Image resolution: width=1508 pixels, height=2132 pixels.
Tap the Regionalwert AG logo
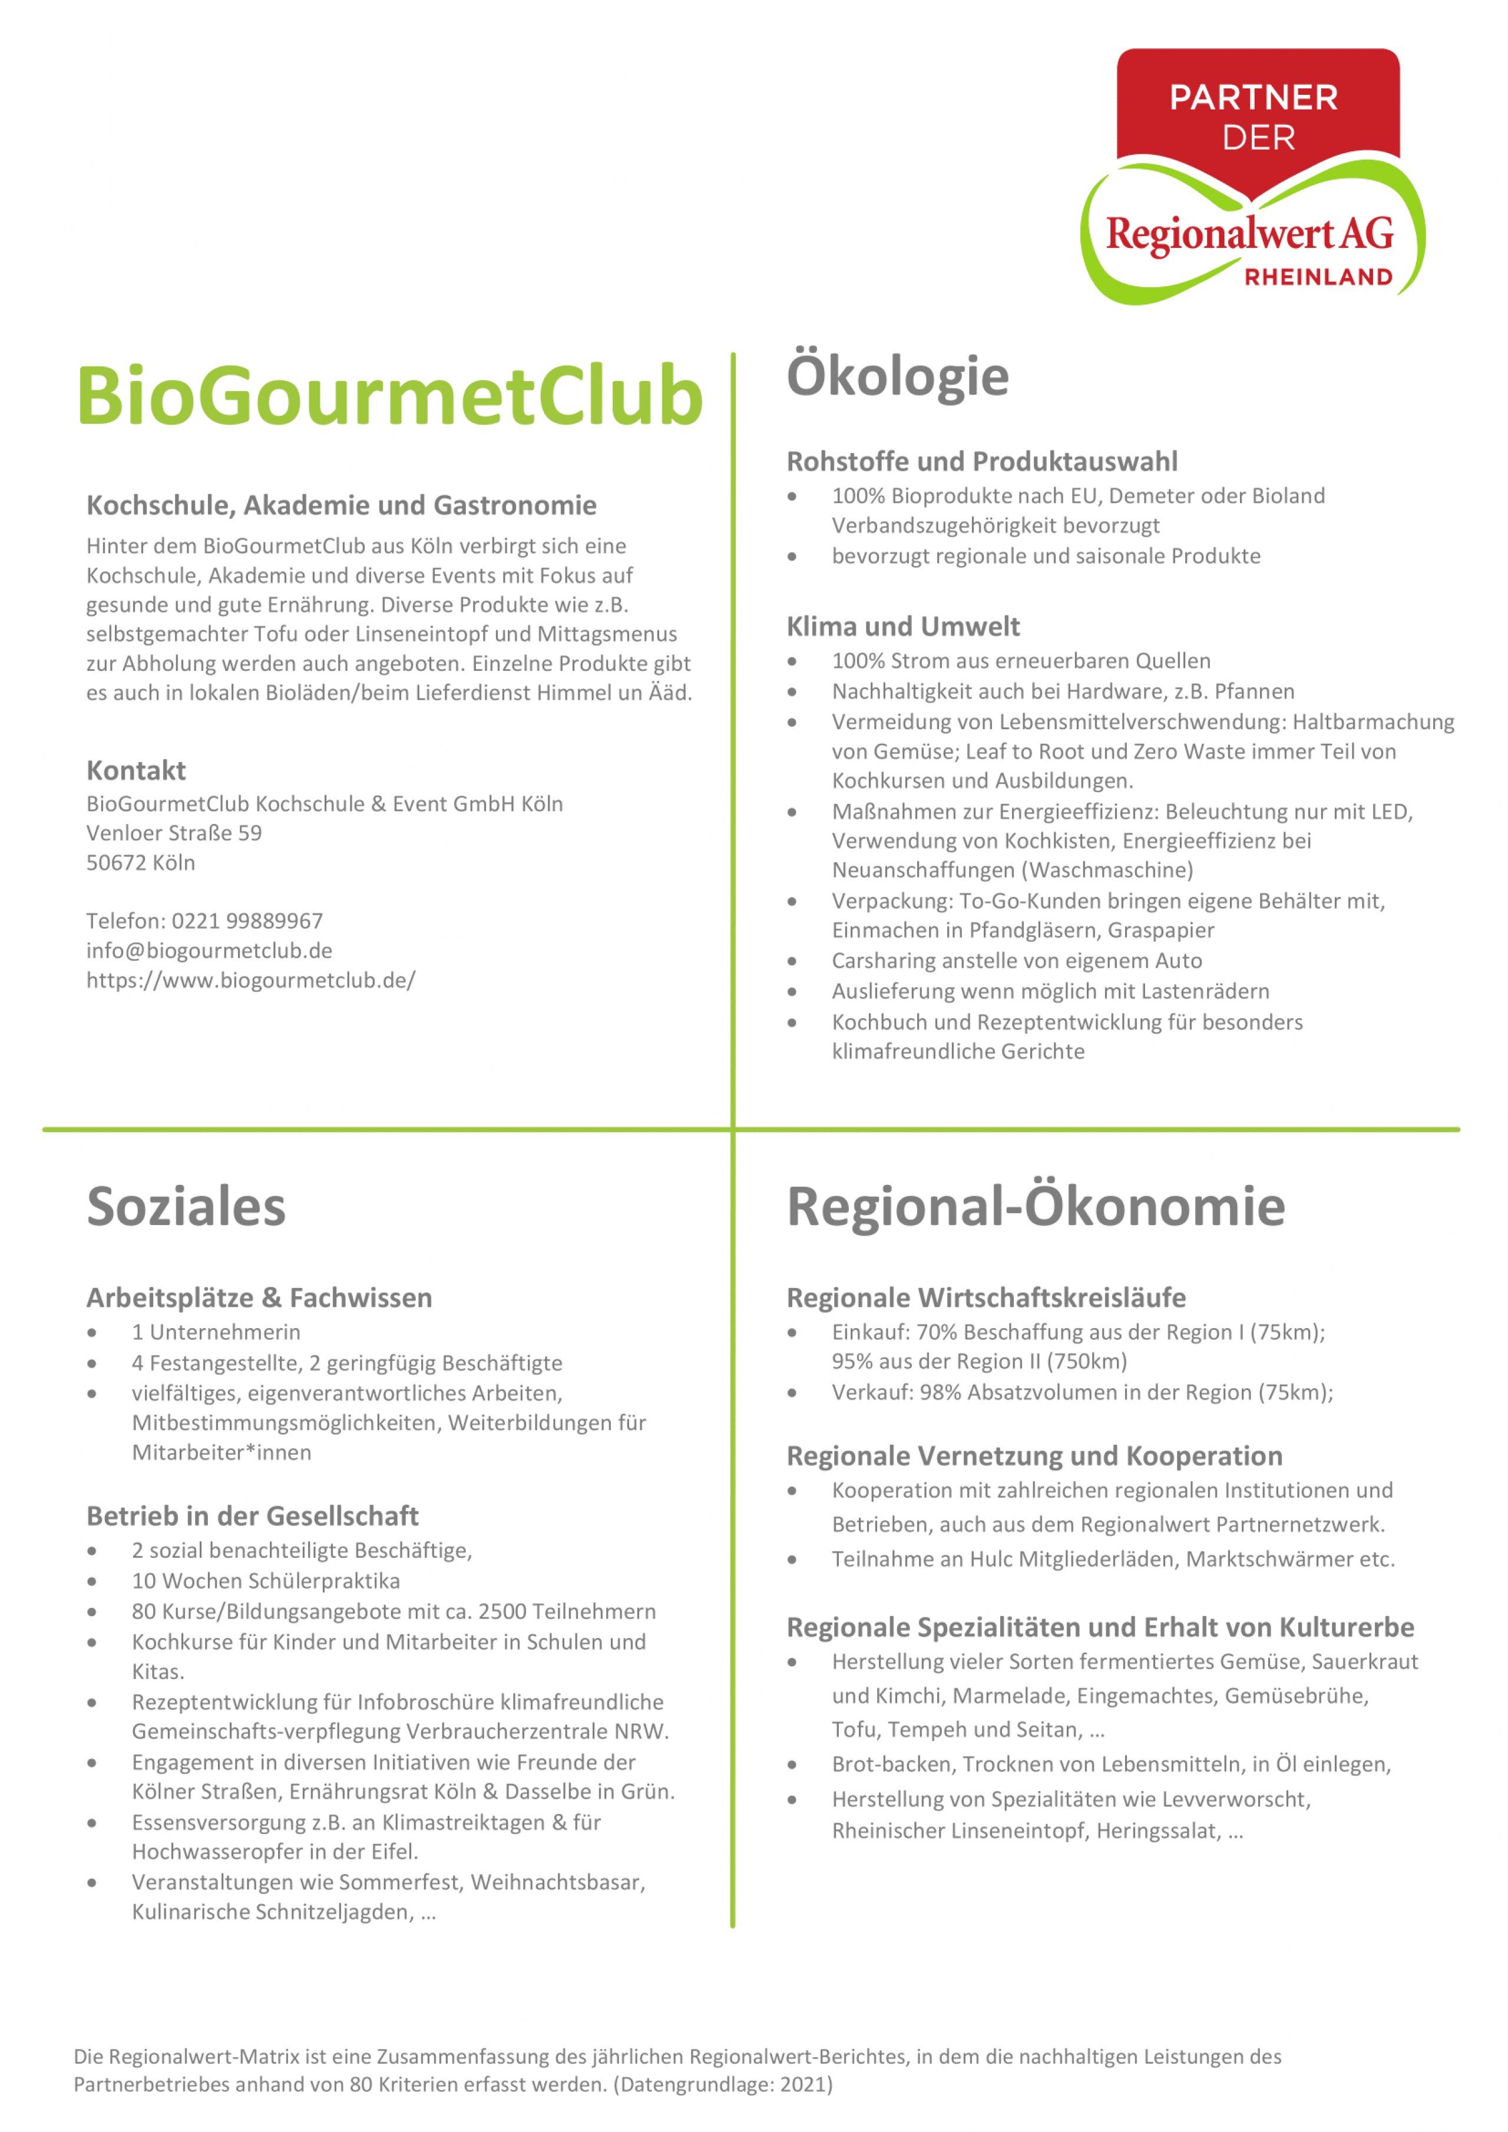1253,177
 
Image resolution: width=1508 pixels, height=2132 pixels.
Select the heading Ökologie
897,376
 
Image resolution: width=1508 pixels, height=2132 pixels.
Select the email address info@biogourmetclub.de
209,950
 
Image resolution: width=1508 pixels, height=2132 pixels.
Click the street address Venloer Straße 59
174,833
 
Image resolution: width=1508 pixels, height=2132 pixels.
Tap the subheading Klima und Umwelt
902,626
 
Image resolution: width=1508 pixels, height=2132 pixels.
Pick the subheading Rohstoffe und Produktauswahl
981,462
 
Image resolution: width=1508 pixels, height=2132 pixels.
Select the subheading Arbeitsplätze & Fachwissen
259,1297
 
